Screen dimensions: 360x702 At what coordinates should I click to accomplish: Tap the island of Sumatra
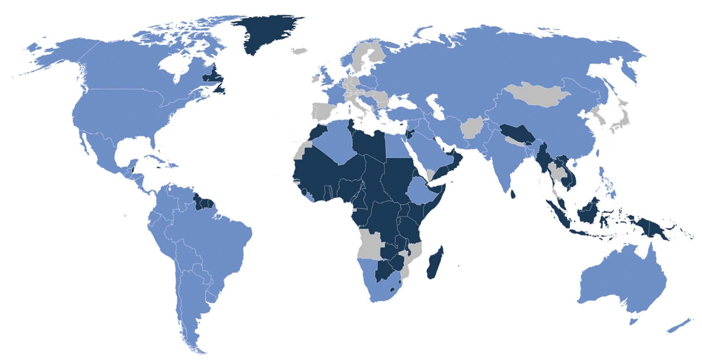pos(558,214)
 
